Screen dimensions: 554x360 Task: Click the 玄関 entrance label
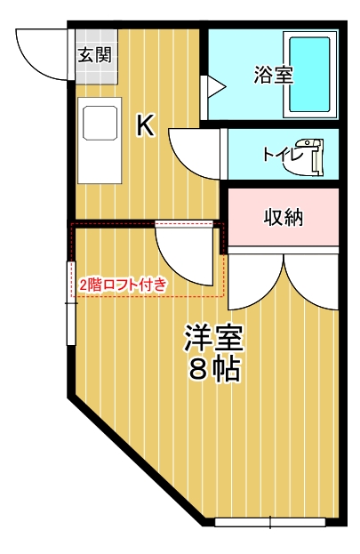[x=93, y=55]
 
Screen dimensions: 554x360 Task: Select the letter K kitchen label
[x=145, y=127]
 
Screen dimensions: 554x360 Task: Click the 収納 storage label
[x=283, y=217]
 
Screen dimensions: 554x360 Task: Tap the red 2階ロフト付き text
[x=122, y=285]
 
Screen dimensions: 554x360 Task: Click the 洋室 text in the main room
[x=214, y=339]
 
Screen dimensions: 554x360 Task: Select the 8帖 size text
[x=214, y=370]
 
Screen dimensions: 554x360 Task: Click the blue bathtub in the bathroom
[x=308, y=75]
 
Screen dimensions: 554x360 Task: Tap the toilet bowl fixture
[x=313, y=154]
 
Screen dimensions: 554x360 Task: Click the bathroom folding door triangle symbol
[x=214, y=86]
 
